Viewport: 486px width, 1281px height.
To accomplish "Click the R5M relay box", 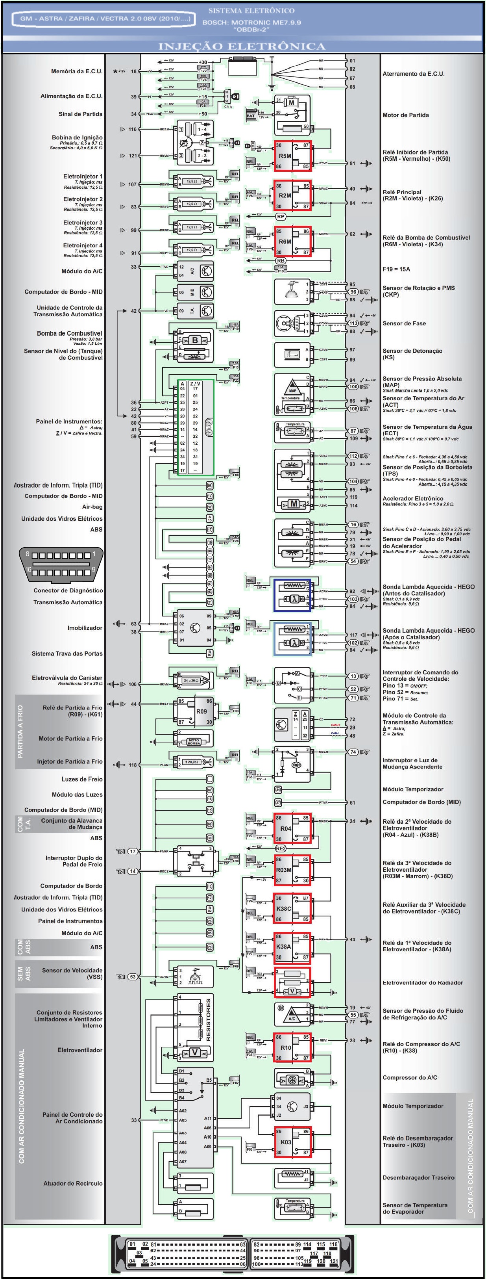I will pyautogui.click(x=292, y=156).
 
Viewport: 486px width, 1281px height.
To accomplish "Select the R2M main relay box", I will pyautogui.click(x=292, y=195).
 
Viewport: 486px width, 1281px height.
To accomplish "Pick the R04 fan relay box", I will pyautogui.click(x=292, y=828).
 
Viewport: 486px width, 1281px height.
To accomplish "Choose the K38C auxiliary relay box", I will pyautogui.click(x=292, y=908).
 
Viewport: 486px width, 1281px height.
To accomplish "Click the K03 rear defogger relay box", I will pyautogui.click(x=292, y=1142).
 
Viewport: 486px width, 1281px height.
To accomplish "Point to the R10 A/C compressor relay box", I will pyautogui.click(x=292, y=1047).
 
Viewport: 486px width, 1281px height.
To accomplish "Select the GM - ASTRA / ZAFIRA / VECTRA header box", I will pyautogui.click(x=105, y=19).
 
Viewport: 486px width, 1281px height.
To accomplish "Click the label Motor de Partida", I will pyautogui.click(x=405, y=115).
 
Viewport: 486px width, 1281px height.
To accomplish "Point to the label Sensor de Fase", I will pyautogui.click(x=404, y=323).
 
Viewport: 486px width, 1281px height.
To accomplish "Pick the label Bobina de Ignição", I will pyautogui.click(x=77, y=137).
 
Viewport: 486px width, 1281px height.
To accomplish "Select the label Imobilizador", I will pyautogui.click(x=85, y=628).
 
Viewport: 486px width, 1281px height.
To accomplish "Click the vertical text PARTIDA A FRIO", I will pyautogui.click(x=20, y=731).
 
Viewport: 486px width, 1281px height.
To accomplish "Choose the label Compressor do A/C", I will pyautogui.click(x=410, y=1077).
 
